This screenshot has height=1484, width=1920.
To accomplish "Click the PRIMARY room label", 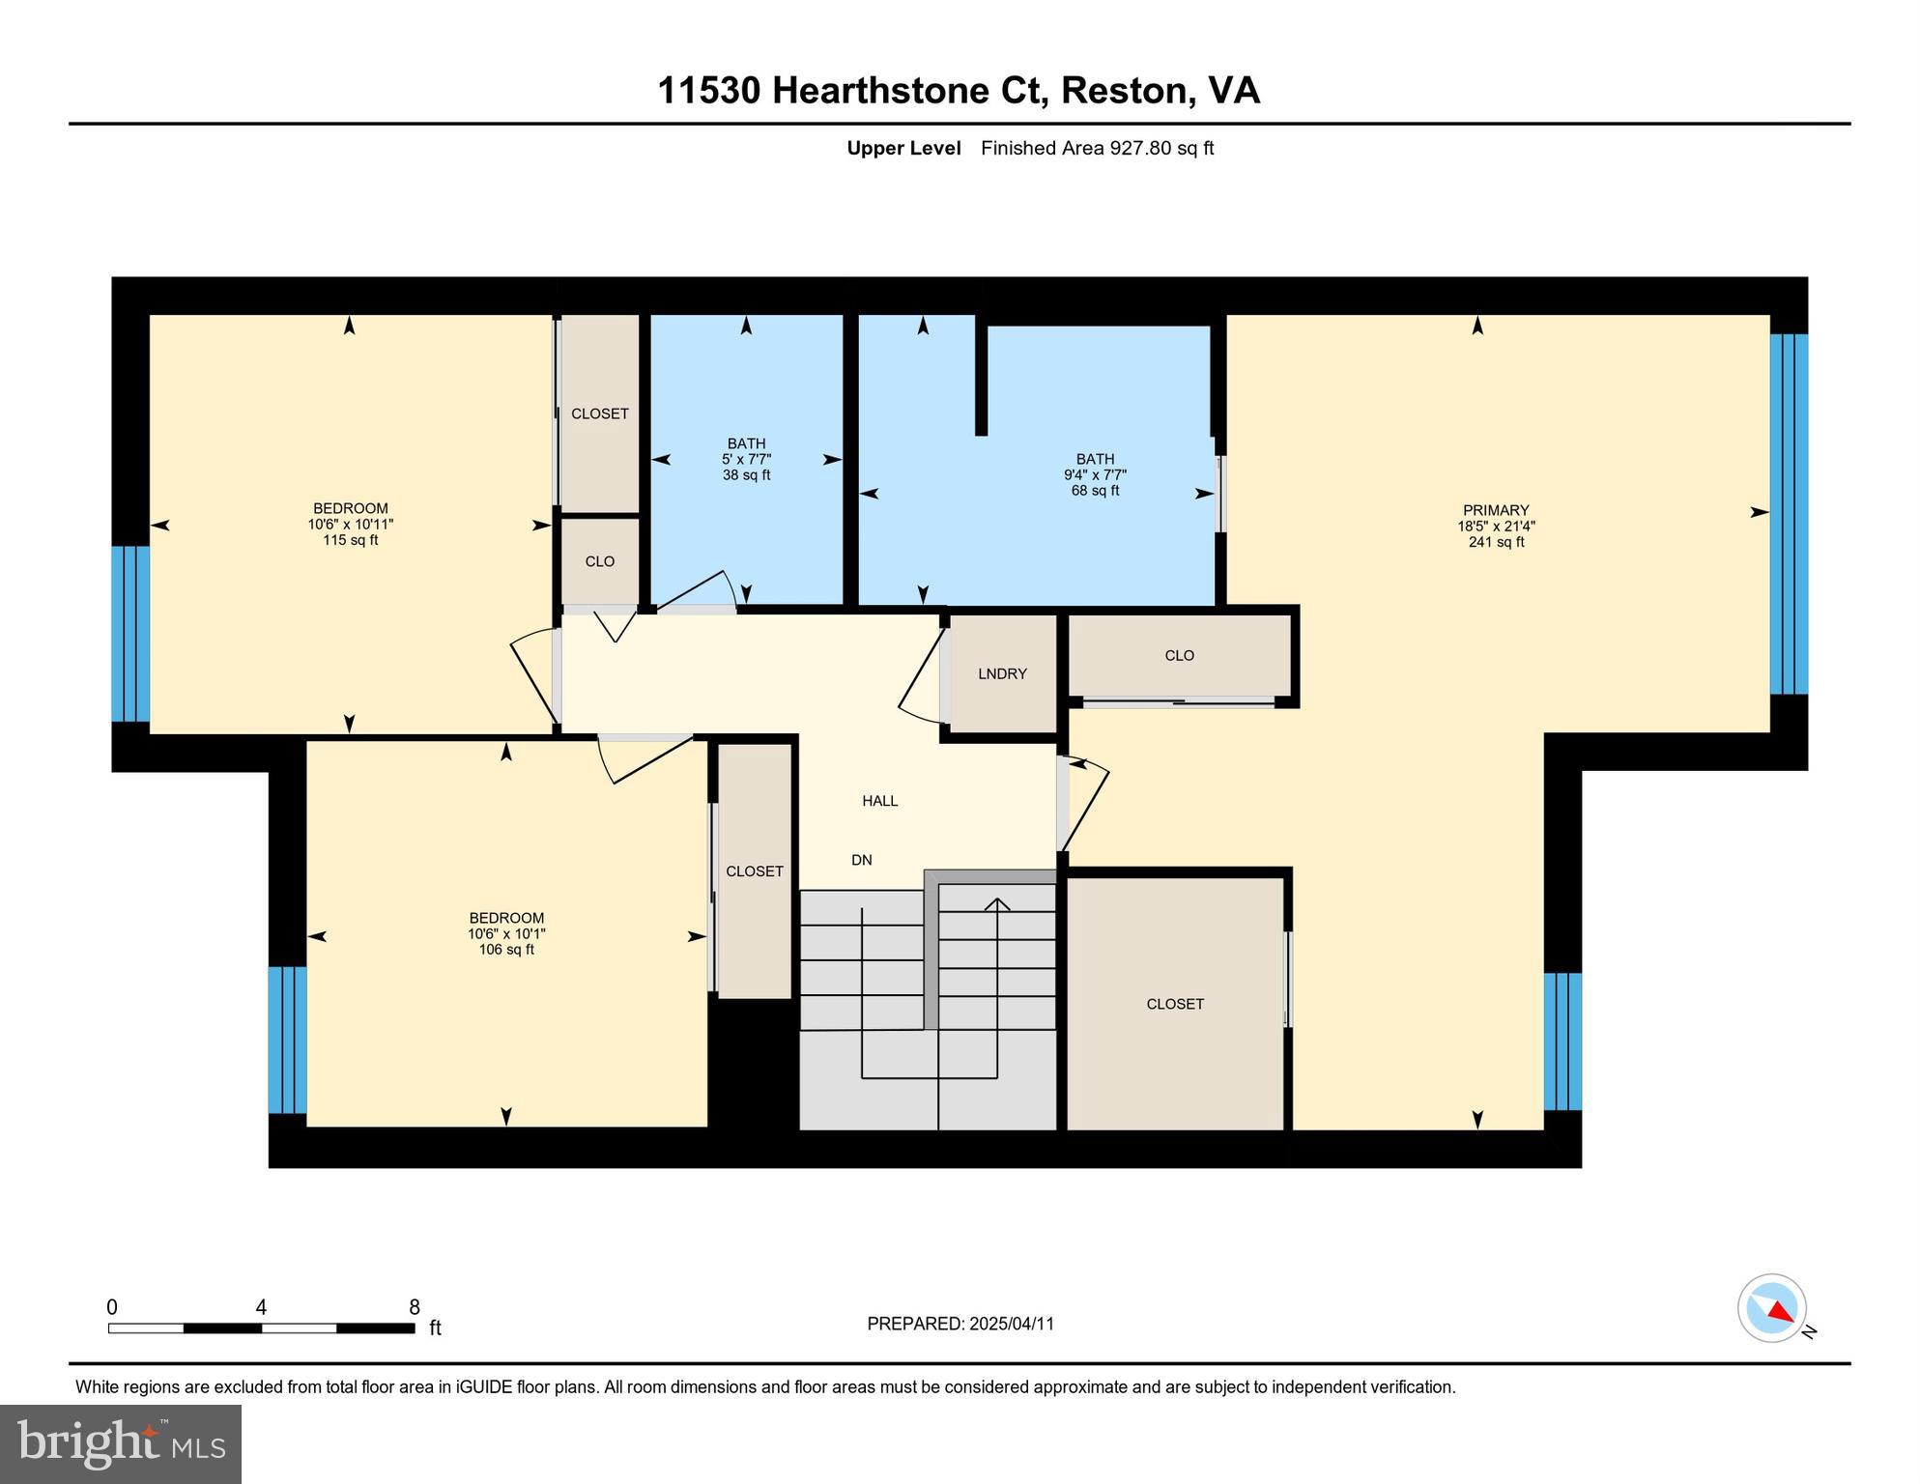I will point(1495,510).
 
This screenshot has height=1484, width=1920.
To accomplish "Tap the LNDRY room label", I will point(1002,673).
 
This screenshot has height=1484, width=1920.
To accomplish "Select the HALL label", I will point(879,800).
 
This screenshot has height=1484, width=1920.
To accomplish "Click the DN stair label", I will point(861,860).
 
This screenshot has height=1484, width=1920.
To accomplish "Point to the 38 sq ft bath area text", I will point(746,475).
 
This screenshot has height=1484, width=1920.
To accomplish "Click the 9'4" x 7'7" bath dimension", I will point(1095,475).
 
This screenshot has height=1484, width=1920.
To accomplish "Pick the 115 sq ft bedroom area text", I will point(350,540).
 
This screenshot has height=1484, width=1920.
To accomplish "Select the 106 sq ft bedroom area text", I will point(506,950).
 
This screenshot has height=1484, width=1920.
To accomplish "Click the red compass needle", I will point(1780,1311).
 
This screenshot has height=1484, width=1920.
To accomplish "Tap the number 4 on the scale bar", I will point(261,1307).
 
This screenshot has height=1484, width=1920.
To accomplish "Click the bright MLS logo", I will point(121,1443).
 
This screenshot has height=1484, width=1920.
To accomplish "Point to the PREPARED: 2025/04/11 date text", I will point(960,1324).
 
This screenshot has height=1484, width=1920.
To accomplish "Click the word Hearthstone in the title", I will point(881,91).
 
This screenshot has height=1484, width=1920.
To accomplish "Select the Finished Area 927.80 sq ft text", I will point(1097,148).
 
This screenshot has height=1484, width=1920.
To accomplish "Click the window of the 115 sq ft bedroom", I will point(130,634).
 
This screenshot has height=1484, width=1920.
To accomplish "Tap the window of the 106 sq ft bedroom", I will point(287,1040).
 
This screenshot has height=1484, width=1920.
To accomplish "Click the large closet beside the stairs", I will point(1174,1004).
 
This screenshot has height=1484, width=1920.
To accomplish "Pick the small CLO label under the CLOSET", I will point(599,561).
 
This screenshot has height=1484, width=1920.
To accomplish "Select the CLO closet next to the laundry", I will point(1179,655).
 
